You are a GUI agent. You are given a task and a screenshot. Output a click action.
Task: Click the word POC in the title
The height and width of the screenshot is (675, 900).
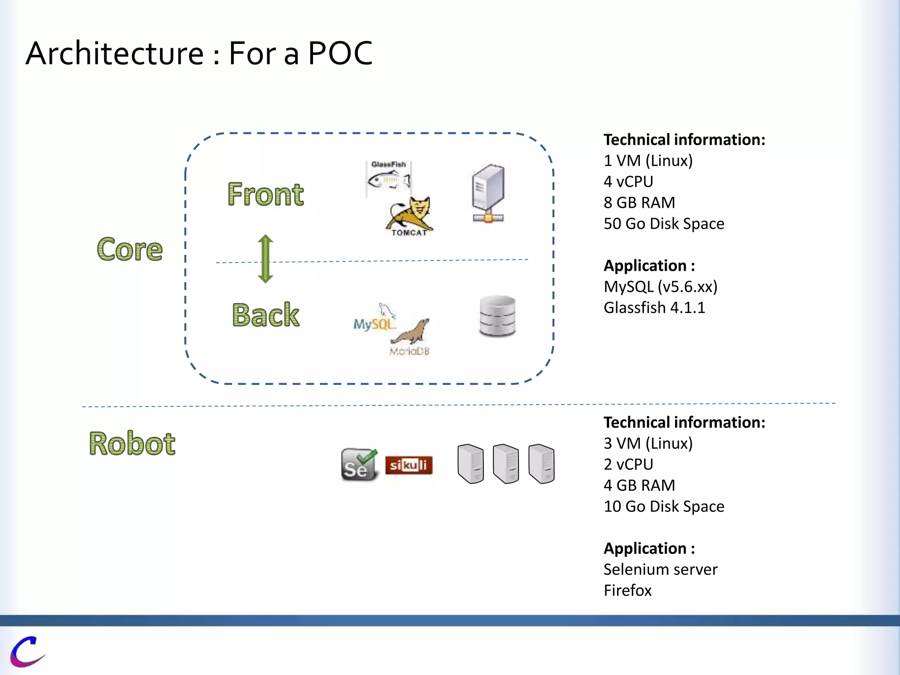[340, 54]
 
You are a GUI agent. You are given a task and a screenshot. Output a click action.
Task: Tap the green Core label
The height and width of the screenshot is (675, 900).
[130, 249]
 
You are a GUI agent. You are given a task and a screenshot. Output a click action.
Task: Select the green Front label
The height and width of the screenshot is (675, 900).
[265, 194]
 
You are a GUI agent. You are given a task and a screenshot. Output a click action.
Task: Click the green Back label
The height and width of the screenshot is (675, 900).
[265, 315]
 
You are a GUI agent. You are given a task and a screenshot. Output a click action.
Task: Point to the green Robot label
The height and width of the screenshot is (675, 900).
[132, 443]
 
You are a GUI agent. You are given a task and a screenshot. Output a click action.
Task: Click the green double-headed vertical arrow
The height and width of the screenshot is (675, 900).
[265, 259]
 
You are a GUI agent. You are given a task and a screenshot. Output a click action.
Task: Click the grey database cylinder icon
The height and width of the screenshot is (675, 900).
[497, 316]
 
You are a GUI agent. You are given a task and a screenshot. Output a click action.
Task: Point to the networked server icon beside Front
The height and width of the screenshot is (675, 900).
[488, 193]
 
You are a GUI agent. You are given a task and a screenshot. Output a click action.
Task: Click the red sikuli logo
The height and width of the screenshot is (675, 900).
[409, 465]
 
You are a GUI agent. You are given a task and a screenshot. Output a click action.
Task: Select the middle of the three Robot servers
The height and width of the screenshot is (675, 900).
[506, 464]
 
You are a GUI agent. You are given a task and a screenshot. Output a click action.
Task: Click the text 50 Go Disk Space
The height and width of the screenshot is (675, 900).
[664, 224]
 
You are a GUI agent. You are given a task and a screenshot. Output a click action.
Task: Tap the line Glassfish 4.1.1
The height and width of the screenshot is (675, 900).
[654, 308]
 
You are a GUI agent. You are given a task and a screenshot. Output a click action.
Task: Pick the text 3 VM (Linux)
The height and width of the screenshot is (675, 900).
[648, 443]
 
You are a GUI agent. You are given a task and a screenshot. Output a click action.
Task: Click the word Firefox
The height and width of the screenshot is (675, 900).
[627, 590]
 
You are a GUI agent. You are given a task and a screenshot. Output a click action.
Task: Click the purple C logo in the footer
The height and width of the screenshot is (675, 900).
[27, 651]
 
